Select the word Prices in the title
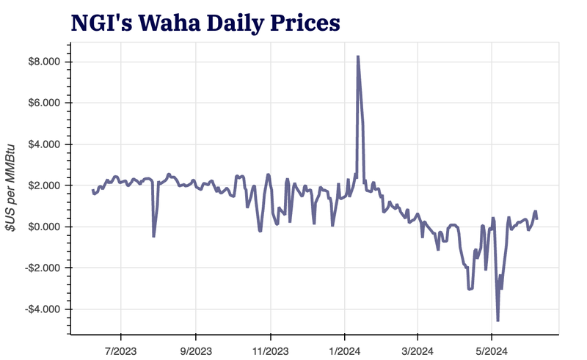click(x=305, y=22)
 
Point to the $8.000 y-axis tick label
click(x=44, y=62)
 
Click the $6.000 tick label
click(x=44, y=103)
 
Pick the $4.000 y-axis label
click(x=44, y=144)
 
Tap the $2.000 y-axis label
click(x=44, y=185)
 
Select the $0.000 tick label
click(x=44, y=227)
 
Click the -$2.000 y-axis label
click(x=43, y=268)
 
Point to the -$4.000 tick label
click(x=43, y=309)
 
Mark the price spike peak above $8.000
click(x=357, y=56)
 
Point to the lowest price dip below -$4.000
click(x=497, y=320)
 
